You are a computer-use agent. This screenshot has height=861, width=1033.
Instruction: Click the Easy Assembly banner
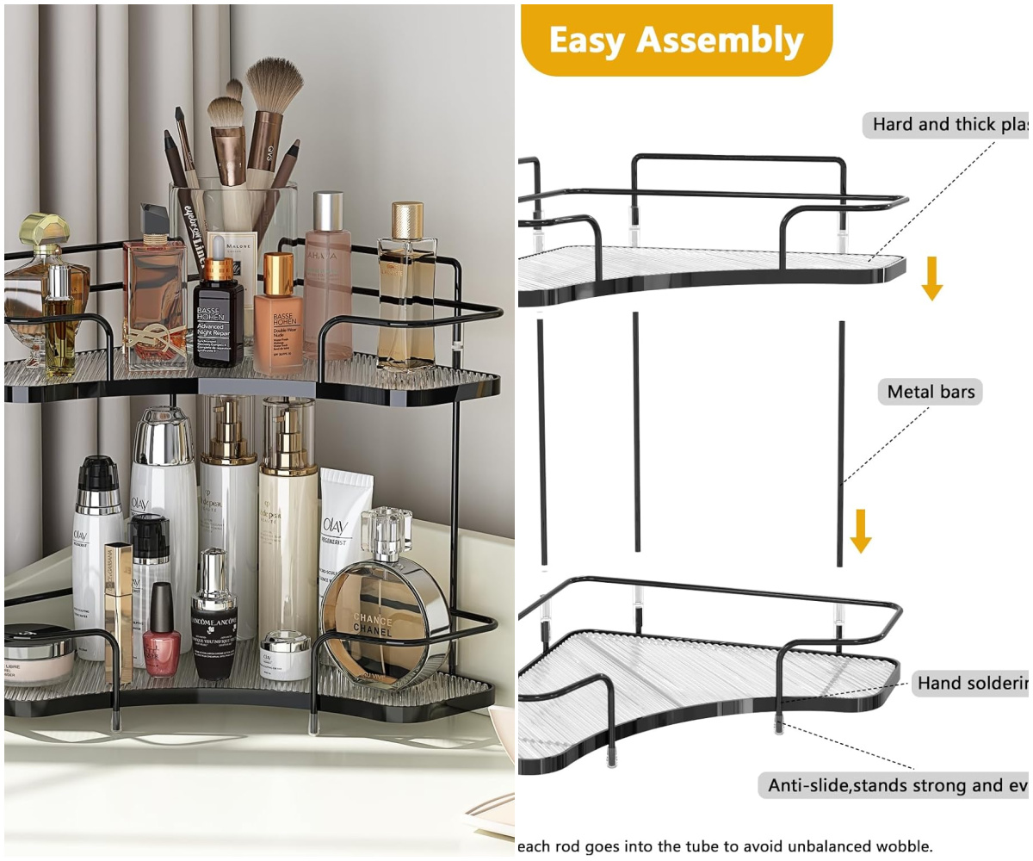(676, 40)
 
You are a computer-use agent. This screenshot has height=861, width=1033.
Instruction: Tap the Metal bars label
(931, 392)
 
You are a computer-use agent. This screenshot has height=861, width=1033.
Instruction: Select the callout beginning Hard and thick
(947, 124)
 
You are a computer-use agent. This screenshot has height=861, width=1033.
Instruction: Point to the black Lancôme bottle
(213, 624)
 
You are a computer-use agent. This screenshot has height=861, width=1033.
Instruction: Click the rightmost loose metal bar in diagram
(841, 443)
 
